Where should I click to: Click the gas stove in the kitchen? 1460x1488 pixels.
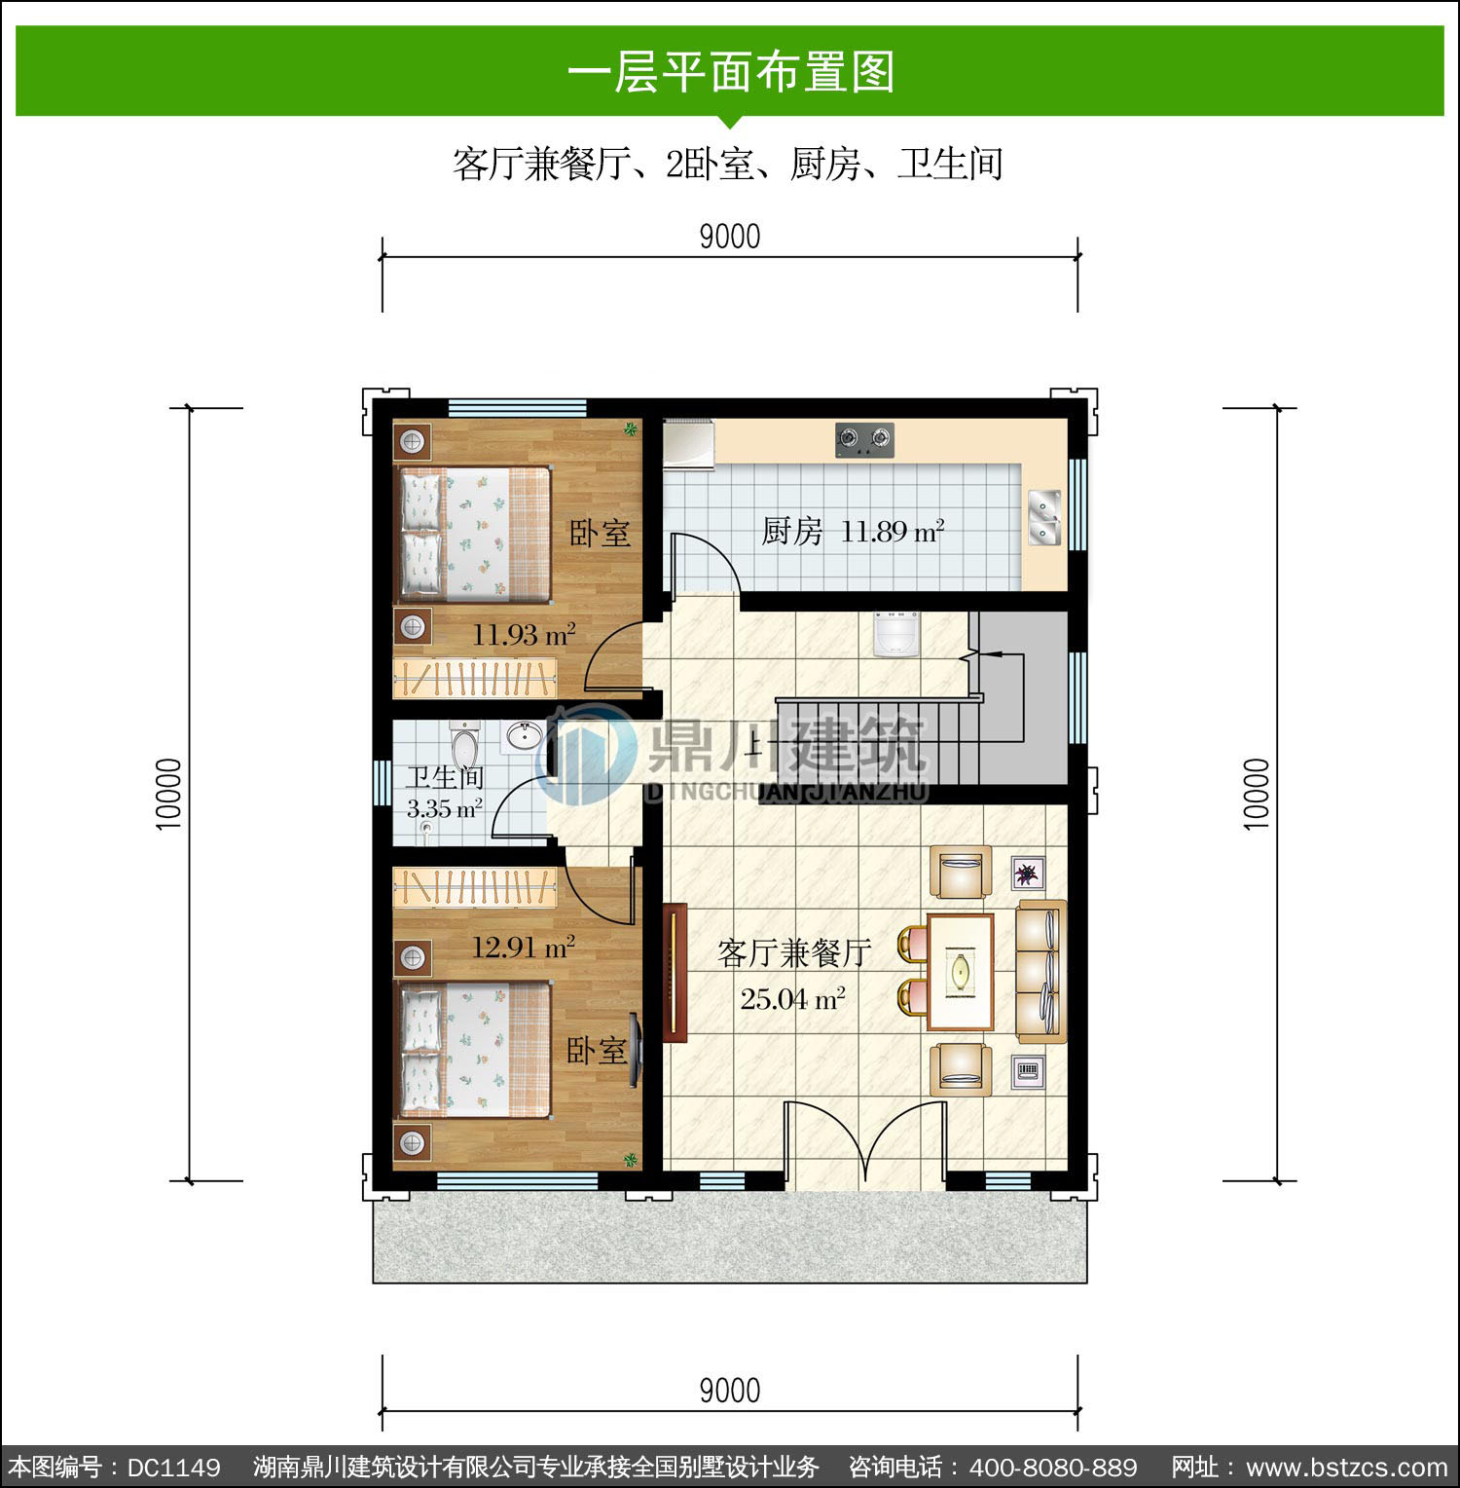coord(864,440)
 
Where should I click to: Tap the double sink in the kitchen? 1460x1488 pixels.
coord(1044,517)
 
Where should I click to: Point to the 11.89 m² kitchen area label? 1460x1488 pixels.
coord(893,532)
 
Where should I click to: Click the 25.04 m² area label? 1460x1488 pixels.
coord(792,999)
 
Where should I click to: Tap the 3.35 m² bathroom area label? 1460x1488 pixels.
coord(444,808)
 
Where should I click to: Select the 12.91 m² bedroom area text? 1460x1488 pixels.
coord(524,947)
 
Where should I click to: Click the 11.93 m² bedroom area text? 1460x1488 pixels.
coord(524,635)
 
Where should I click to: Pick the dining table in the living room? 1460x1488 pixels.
coord(960,971)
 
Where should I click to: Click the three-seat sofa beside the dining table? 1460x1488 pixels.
coord(1041,971)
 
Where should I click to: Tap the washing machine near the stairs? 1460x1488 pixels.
coord(896,634)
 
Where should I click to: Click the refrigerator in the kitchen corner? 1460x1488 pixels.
coord(688,445)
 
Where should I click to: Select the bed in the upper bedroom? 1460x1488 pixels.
coord(473,531)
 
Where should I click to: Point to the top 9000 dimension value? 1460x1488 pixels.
coord(730,237)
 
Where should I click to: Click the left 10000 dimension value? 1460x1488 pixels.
coord(168,794)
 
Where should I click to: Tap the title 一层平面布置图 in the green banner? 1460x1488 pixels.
coord(731,72)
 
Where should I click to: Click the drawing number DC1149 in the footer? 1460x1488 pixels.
coord(174,1467)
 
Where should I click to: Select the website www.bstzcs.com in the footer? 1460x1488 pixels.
coord(1347,1467)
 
